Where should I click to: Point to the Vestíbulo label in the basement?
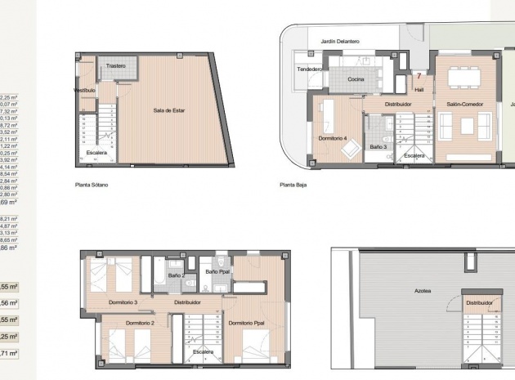tap(85, 90)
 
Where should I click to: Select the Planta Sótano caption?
tap(92, 186)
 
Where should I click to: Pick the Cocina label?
tap(356, 79)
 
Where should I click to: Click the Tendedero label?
tap(309, 69)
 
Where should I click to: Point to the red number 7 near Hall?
tap(419, 76)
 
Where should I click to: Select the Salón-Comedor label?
tap(464, 105)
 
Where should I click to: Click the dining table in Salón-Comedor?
tap(464, 79)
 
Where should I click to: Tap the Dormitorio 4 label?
tap(334, 137)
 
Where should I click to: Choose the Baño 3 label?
tap(378, 147)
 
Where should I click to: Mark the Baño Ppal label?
tap(218, 271)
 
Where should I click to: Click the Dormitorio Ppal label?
tap(245, 324)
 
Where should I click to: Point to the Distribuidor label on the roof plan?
tap(479, 302)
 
